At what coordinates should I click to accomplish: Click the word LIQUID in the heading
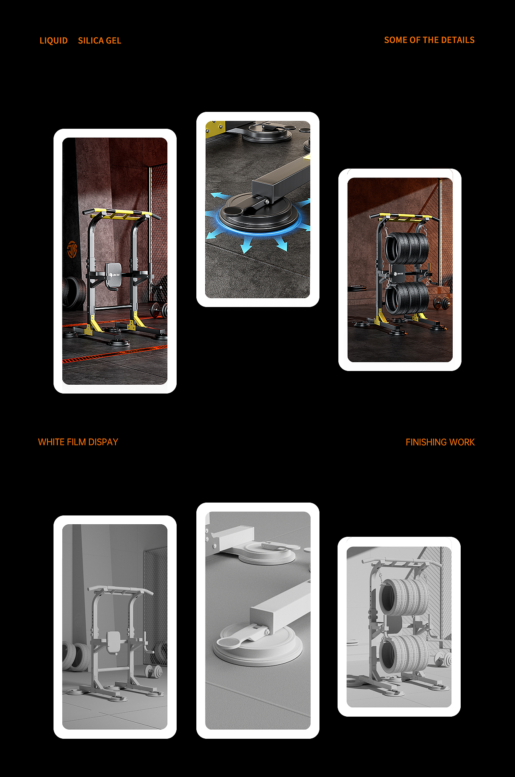coord(54,41)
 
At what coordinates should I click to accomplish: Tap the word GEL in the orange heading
coord(113,41)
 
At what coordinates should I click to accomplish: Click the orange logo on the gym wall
coord(72,249)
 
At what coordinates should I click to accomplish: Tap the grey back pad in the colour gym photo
coord(113,276)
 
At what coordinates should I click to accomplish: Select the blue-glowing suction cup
coord(259,213)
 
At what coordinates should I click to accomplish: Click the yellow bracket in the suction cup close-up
coord(216,128)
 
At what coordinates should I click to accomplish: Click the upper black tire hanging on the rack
coord(406,248)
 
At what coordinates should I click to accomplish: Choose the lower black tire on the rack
coord(407,298)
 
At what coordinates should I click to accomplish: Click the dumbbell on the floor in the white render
coord(154,671)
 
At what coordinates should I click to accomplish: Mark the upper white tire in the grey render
coord(404,597)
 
